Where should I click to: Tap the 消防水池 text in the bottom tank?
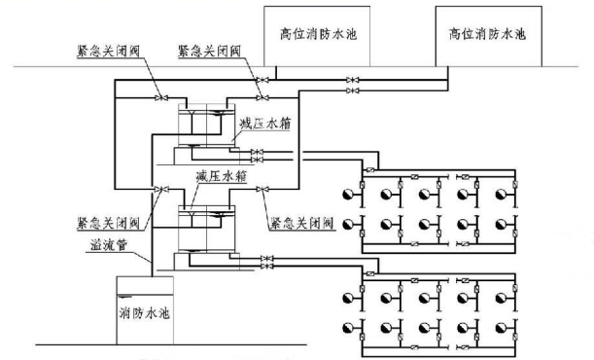click(145, 315)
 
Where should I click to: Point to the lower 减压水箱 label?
click(222, 176)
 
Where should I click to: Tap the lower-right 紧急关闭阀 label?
click(302, 223)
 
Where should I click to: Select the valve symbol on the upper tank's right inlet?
click(261, 96)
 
